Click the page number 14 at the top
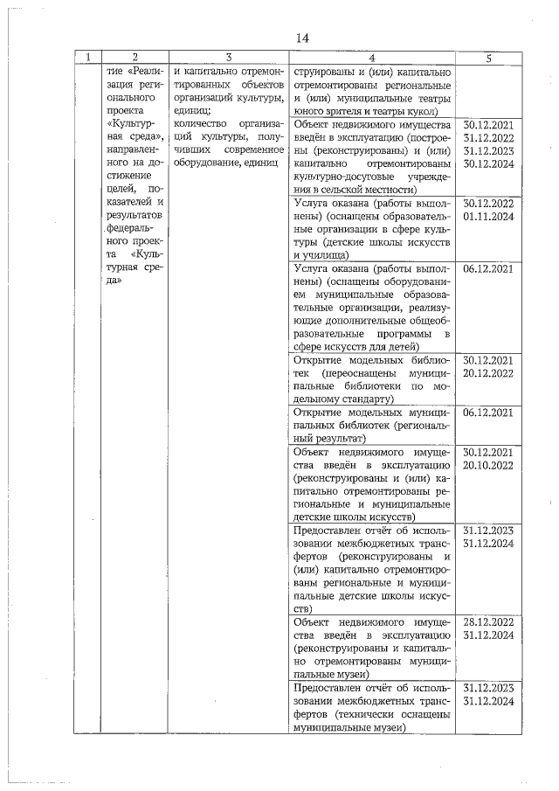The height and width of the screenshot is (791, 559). pyautogui.click(x=302, y=38)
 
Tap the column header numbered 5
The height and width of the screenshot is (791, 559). pyautogui.click(x=488, y=59)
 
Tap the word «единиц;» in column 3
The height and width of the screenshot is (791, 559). pyautogui.click(x=192, y=111)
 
